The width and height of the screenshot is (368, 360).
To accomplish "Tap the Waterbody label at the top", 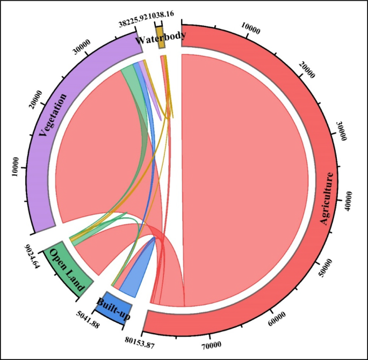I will tap(161, 38).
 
